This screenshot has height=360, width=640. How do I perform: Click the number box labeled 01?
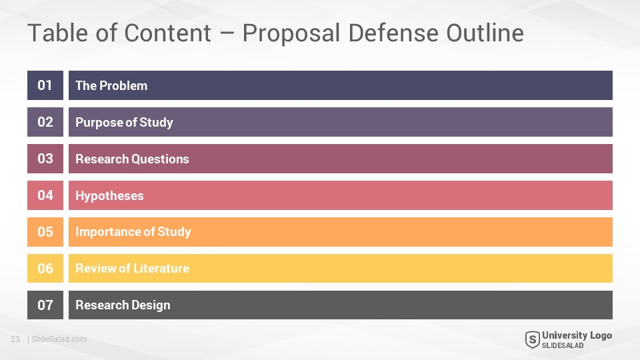[x=45, y=85]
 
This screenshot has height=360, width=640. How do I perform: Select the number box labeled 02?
[x=45, y=122]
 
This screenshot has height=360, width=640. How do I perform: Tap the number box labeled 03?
[x=45, y=159]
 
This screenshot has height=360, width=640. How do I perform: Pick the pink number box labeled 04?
[x=45, y=195]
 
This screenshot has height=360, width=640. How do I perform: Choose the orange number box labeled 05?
[x=45, y=232]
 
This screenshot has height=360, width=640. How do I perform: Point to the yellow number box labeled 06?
[x=45, y=268]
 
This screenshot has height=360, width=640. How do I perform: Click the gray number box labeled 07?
[x=45, y=305]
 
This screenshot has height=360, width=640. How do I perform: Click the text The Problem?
[x=111, y=86]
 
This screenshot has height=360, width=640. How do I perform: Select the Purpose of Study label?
[x=124, y=123]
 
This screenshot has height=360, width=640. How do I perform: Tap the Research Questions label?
[x=132, y=159]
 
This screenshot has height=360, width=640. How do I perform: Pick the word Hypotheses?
[x=109, y=196]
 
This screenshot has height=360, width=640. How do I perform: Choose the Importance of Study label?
[x=133, y=232]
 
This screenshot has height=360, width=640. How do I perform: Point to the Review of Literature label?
[x=132, y=268]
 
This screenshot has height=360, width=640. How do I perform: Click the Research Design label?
[x=123, y=305]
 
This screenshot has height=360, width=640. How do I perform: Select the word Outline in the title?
[x=485, y=33]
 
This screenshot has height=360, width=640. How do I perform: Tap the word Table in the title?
[x=57, y=33]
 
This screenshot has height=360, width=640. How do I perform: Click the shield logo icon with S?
[x=532, y=339]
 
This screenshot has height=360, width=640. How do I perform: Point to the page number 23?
[x=15, y=339]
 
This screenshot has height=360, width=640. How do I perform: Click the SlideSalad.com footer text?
[x=59, y=339]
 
